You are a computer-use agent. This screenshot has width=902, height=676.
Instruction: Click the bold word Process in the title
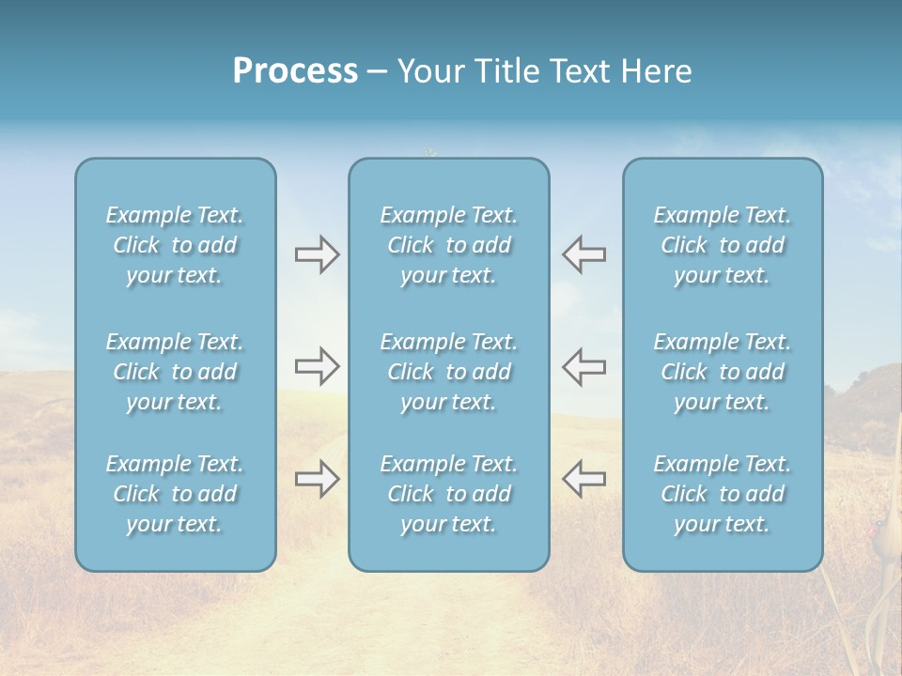(x=295, y=71)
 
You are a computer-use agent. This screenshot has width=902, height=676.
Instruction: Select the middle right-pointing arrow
(x=317, y=366)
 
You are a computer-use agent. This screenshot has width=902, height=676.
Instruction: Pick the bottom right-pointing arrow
(x=317, y=479)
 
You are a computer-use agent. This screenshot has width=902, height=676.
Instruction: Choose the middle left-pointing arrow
(x=583, y=366)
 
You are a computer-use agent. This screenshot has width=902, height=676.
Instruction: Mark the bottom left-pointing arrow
(x=583, y=479)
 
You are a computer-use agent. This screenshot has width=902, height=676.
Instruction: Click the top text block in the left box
(x=175, y=245)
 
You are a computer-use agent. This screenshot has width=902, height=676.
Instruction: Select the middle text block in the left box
(x=175, y=372)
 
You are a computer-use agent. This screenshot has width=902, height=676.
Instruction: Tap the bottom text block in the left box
(x=175, y=494)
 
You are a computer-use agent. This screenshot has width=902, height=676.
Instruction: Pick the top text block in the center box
(x=448, y=245)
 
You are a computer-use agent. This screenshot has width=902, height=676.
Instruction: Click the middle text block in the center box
(x=448, y=372)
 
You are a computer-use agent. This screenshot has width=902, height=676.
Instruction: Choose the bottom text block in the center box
(x=448, y=494)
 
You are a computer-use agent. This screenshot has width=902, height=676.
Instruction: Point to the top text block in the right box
(x=722, y=245)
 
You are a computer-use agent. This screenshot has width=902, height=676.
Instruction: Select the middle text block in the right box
(x=722, y=372)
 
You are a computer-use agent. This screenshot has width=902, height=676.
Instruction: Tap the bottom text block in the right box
(x=722, y=494)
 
